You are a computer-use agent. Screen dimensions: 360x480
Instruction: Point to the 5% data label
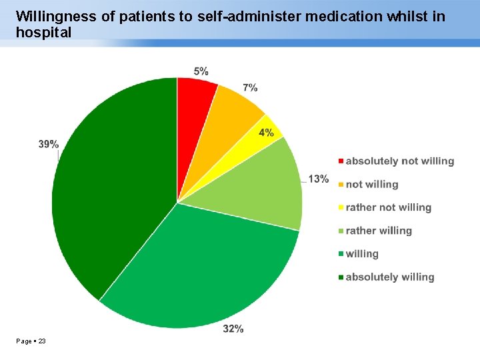click(x=201, y=71)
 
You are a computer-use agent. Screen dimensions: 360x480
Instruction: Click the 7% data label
click(x=250, y=87)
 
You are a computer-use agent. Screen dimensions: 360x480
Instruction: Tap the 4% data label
click(x=266, y=132)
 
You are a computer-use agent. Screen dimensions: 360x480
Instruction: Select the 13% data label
click(x=318, y=179)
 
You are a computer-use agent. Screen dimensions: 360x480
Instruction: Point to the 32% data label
click(x=233, y=328)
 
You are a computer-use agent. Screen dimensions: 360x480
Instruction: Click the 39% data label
click(x=48, y=144)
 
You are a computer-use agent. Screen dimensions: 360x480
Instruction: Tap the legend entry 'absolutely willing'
click(x=389, y=277)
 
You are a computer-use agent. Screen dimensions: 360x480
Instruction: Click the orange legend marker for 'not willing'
click(x=341, y=185)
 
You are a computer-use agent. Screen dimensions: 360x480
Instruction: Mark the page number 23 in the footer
click(x=43, y=341)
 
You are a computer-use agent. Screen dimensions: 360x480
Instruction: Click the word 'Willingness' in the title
click(x=56, y=16)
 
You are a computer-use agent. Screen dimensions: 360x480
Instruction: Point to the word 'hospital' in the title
click(x=43, y=32)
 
